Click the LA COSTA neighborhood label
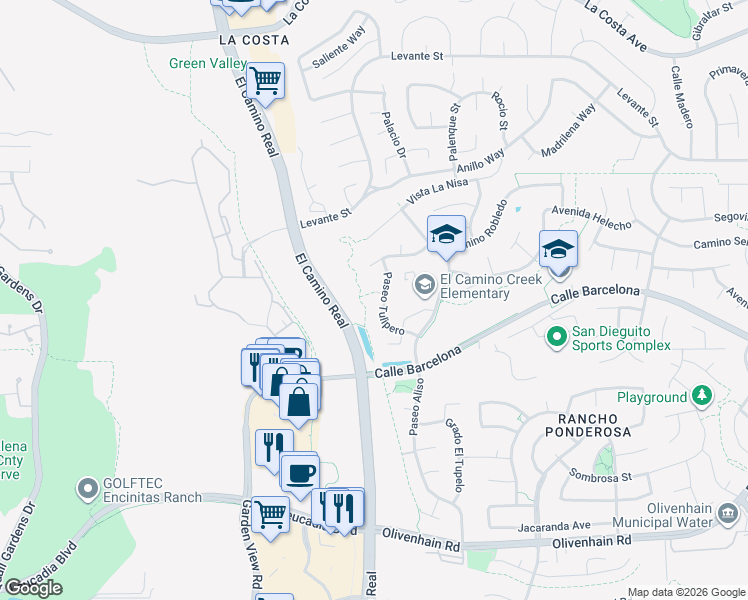tap(253, 40)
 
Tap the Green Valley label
tap(207, 63)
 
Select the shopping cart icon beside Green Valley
tap(266, 79)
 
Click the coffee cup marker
tap(299, 472)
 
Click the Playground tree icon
tap(702, 397)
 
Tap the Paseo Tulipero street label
tap(392, 304)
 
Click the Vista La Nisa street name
tap(437, 188)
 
